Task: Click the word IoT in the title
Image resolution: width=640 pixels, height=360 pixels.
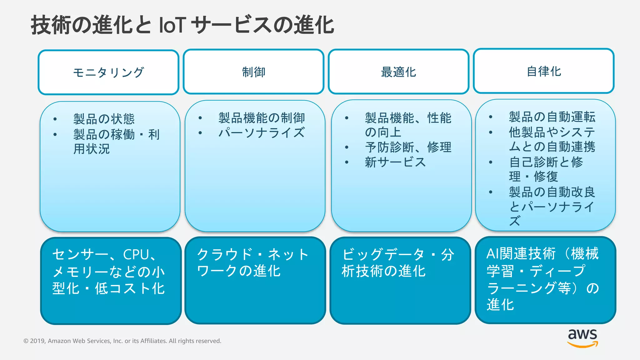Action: point(172,25)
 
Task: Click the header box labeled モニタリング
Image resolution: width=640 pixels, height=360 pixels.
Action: point(108,72)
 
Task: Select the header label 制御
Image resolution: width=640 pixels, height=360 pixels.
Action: point(253,72)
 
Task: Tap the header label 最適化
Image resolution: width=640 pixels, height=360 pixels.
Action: point(398,72)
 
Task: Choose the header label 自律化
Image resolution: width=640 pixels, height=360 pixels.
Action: point(544,72)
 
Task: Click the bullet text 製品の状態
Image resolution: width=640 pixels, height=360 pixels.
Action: point(104,119)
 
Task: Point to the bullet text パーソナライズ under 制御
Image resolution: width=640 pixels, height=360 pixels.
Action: point(261,132)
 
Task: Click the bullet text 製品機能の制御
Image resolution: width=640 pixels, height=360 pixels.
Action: point(261,118)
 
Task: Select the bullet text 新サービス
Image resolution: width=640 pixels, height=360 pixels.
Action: point(395,162)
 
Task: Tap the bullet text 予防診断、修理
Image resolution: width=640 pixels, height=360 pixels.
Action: point(408,147)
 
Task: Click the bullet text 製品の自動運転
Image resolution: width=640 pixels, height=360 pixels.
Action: point(552,117)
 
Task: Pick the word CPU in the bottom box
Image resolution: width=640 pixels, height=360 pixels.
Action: point(136,255)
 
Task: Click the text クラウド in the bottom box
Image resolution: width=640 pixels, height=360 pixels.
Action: point(224,254)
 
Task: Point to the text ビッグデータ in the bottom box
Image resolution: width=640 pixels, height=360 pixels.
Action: point(383,255)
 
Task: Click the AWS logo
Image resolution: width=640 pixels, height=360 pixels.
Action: point(582,338)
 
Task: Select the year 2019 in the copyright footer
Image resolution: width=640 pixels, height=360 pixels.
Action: point(37,341)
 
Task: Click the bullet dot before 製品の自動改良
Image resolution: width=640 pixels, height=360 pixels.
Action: point(491,192)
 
